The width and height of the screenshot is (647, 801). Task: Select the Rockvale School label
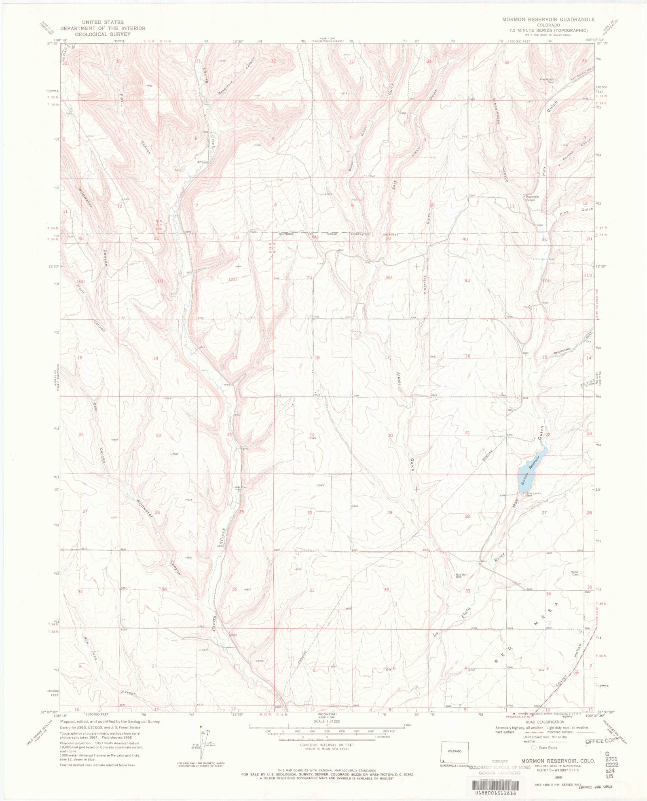531,198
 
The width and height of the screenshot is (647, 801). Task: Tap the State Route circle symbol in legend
535,748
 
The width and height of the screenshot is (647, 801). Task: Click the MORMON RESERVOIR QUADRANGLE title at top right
548,19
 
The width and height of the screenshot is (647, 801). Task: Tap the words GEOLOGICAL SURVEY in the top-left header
103,34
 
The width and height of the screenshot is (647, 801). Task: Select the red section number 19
312,435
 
